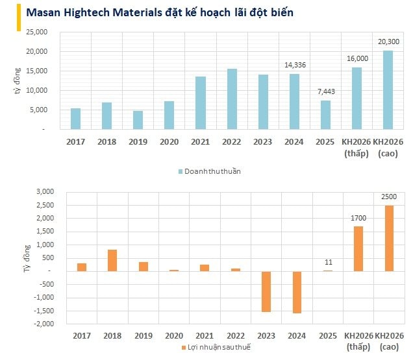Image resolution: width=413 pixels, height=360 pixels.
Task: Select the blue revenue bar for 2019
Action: [x=138, y=120]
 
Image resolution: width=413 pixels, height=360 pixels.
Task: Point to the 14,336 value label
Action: [x=294, y=65]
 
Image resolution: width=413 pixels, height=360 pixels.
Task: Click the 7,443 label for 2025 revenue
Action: [x=325, y=91]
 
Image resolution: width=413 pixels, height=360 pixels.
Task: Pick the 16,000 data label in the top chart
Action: [x=357, y=58]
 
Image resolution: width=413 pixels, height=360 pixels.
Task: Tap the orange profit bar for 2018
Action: [x=112, y=260]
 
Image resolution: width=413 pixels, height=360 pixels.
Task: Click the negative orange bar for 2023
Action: [x=266, y=291]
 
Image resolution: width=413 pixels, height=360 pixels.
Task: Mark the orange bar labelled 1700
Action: [x=358, y=248]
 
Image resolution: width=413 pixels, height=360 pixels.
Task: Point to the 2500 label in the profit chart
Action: [x=389, y=197]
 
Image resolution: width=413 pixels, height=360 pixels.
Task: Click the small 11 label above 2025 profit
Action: [x=327, y=262]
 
